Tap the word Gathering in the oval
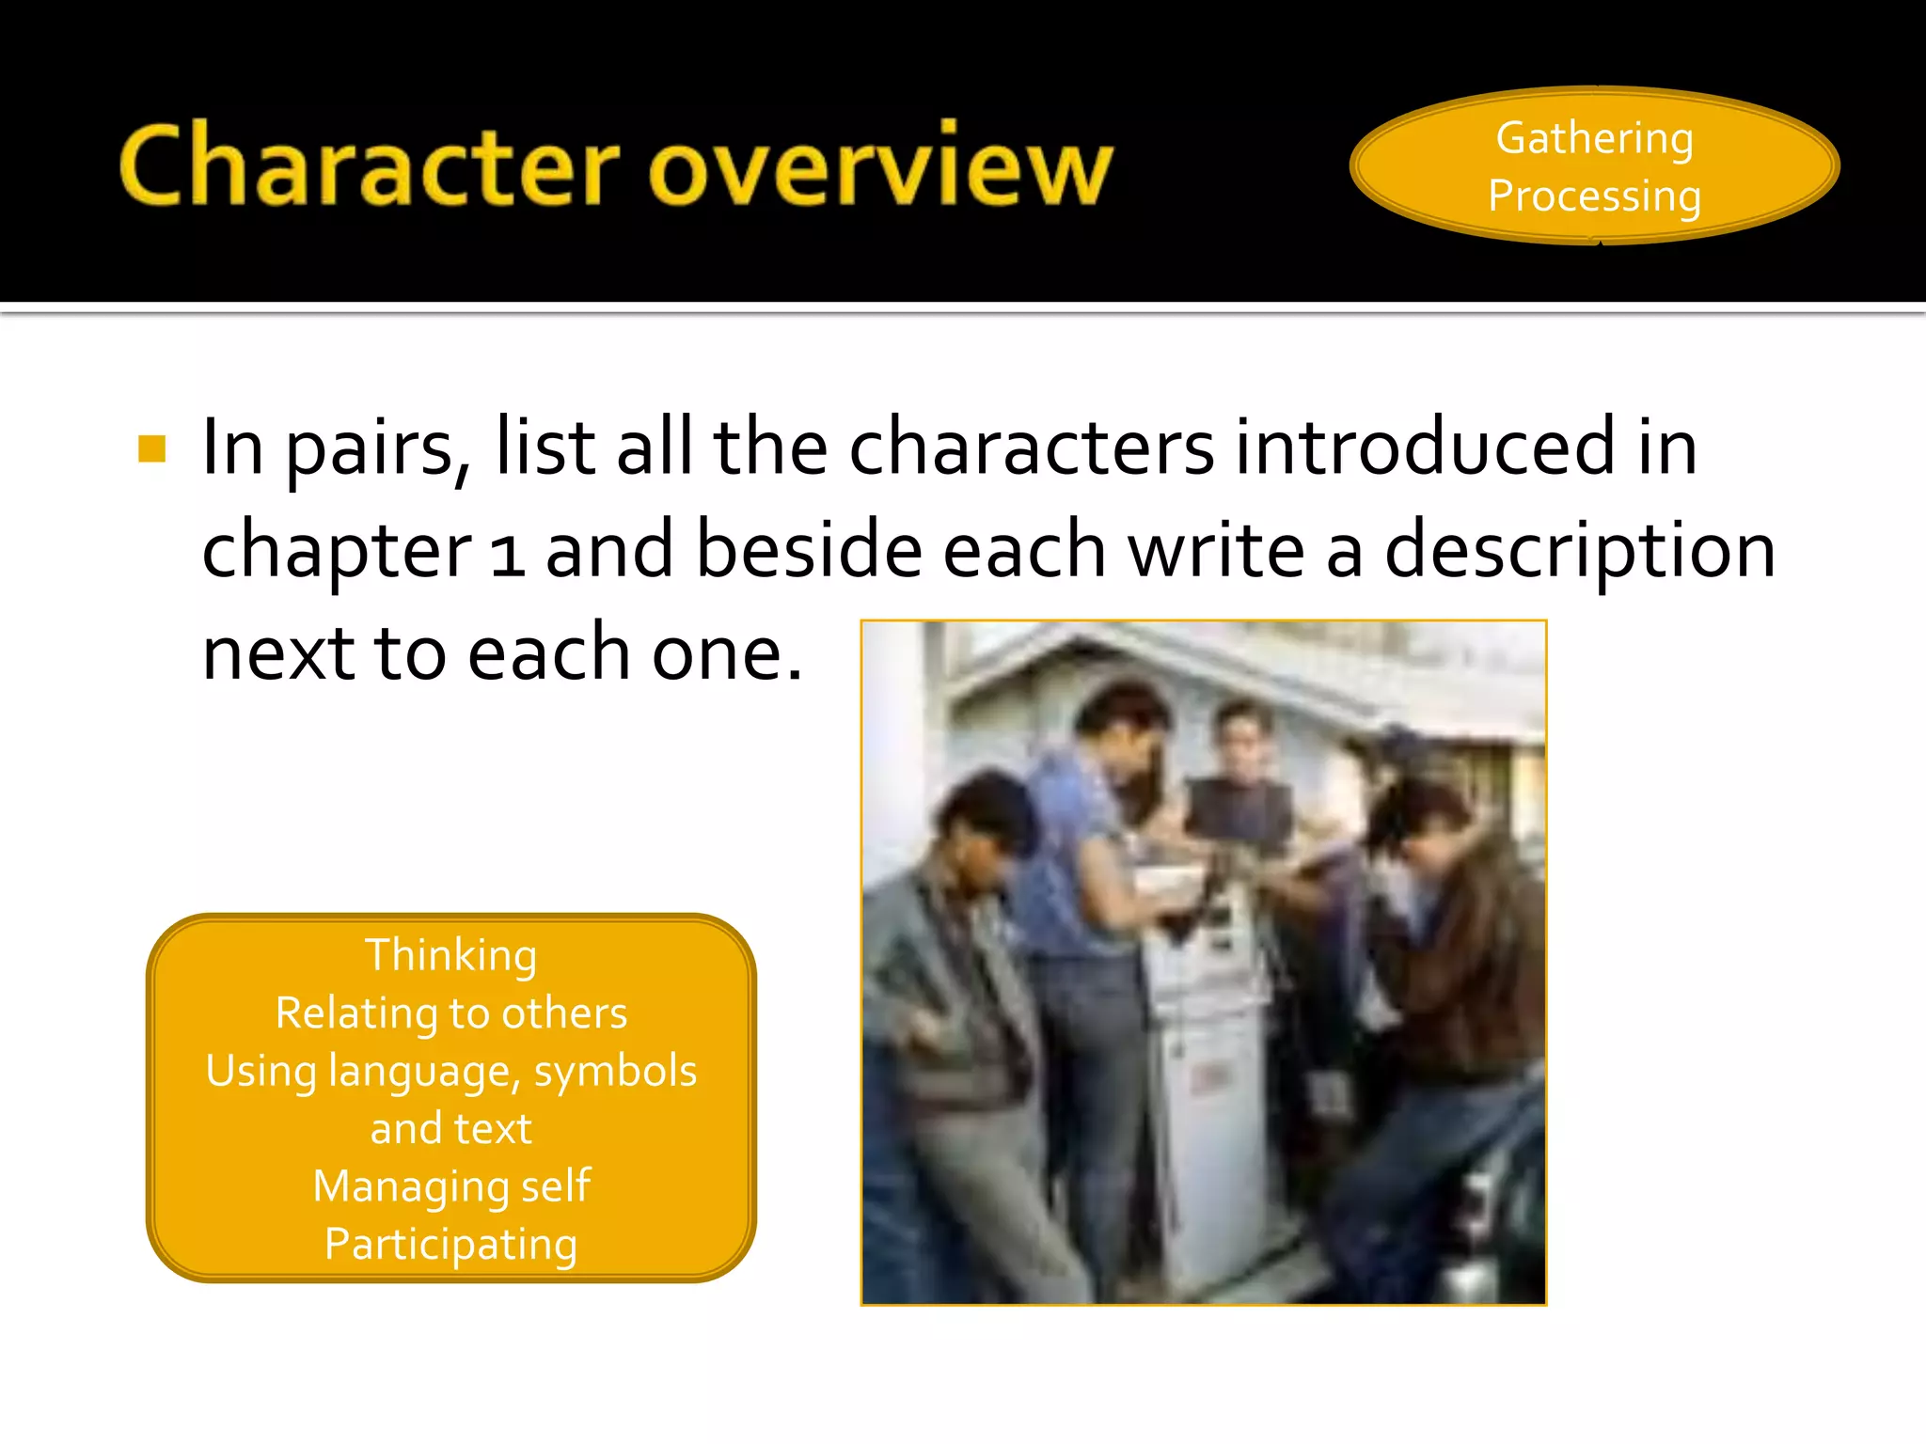[1595, 138]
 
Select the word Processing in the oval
[1595, 196]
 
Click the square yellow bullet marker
[151, 448]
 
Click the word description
[1580, 553]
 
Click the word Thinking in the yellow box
[451, 955]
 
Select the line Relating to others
[451, 1013]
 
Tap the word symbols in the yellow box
[616, 1072]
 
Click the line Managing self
[451, 1186]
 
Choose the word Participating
[451, 1245]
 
